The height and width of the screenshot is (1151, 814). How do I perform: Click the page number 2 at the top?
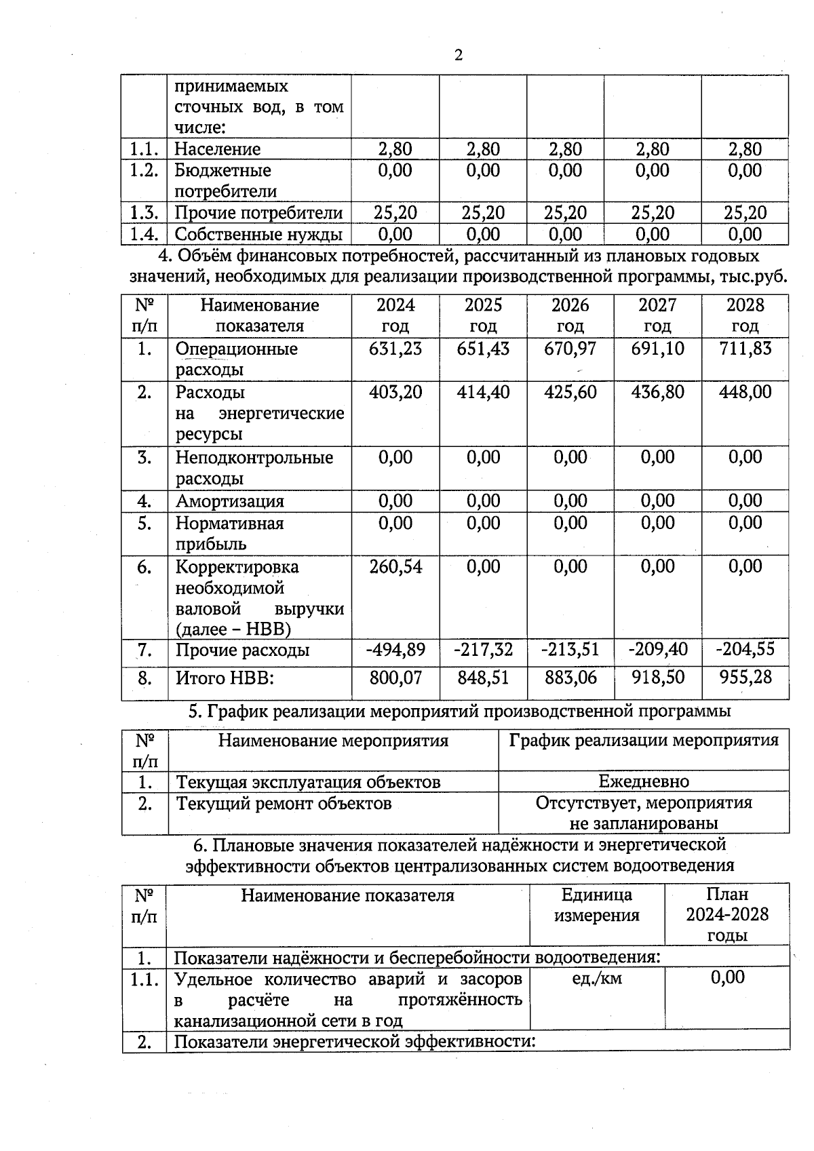tap(459, 56)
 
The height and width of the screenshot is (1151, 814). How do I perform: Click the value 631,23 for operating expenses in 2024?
tap(395, 349)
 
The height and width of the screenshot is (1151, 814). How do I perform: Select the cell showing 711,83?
tap(745, 349)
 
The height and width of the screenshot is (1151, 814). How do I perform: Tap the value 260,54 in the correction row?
tap(395, 566)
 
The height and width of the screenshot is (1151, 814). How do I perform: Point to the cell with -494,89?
tap(395, 650)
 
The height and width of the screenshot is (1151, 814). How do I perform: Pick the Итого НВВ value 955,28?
tap(745, 677)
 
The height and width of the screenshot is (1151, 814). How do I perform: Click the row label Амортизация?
tap(229, 501)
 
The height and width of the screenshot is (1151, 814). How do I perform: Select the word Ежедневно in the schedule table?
tap(643, 781)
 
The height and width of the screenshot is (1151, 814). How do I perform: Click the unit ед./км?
tap(596, 978)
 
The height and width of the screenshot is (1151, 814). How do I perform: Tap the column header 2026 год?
tap(570, 315)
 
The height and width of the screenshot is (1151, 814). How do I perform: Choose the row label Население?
tap(217, 149)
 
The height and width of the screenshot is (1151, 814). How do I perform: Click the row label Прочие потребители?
tap(258, 213)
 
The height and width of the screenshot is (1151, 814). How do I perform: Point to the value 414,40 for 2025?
tap(483, 392)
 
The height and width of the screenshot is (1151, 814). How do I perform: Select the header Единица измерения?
tap(596, 905)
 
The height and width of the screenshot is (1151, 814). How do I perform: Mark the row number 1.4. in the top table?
tap(144, 235)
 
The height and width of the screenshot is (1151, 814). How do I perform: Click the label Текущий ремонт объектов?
tap(284, 804)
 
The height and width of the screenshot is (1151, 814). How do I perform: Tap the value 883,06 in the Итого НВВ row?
tap(570, 677)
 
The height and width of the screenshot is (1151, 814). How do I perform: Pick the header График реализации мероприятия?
tap(643, 740)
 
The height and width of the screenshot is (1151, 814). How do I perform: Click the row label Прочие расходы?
tap(242, 650)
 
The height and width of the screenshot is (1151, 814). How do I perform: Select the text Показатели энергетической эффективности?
tap(354, 1042)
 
